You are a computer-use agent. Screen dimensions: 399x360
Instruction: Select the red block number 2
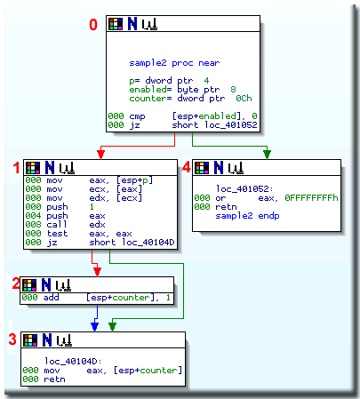tap(14, 283)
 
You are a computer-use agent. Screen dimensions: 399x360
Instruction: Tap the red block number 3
tap(12, 339)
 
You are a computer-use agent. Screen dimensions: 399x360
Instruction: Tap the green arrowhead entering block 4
tap(268, 156)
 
